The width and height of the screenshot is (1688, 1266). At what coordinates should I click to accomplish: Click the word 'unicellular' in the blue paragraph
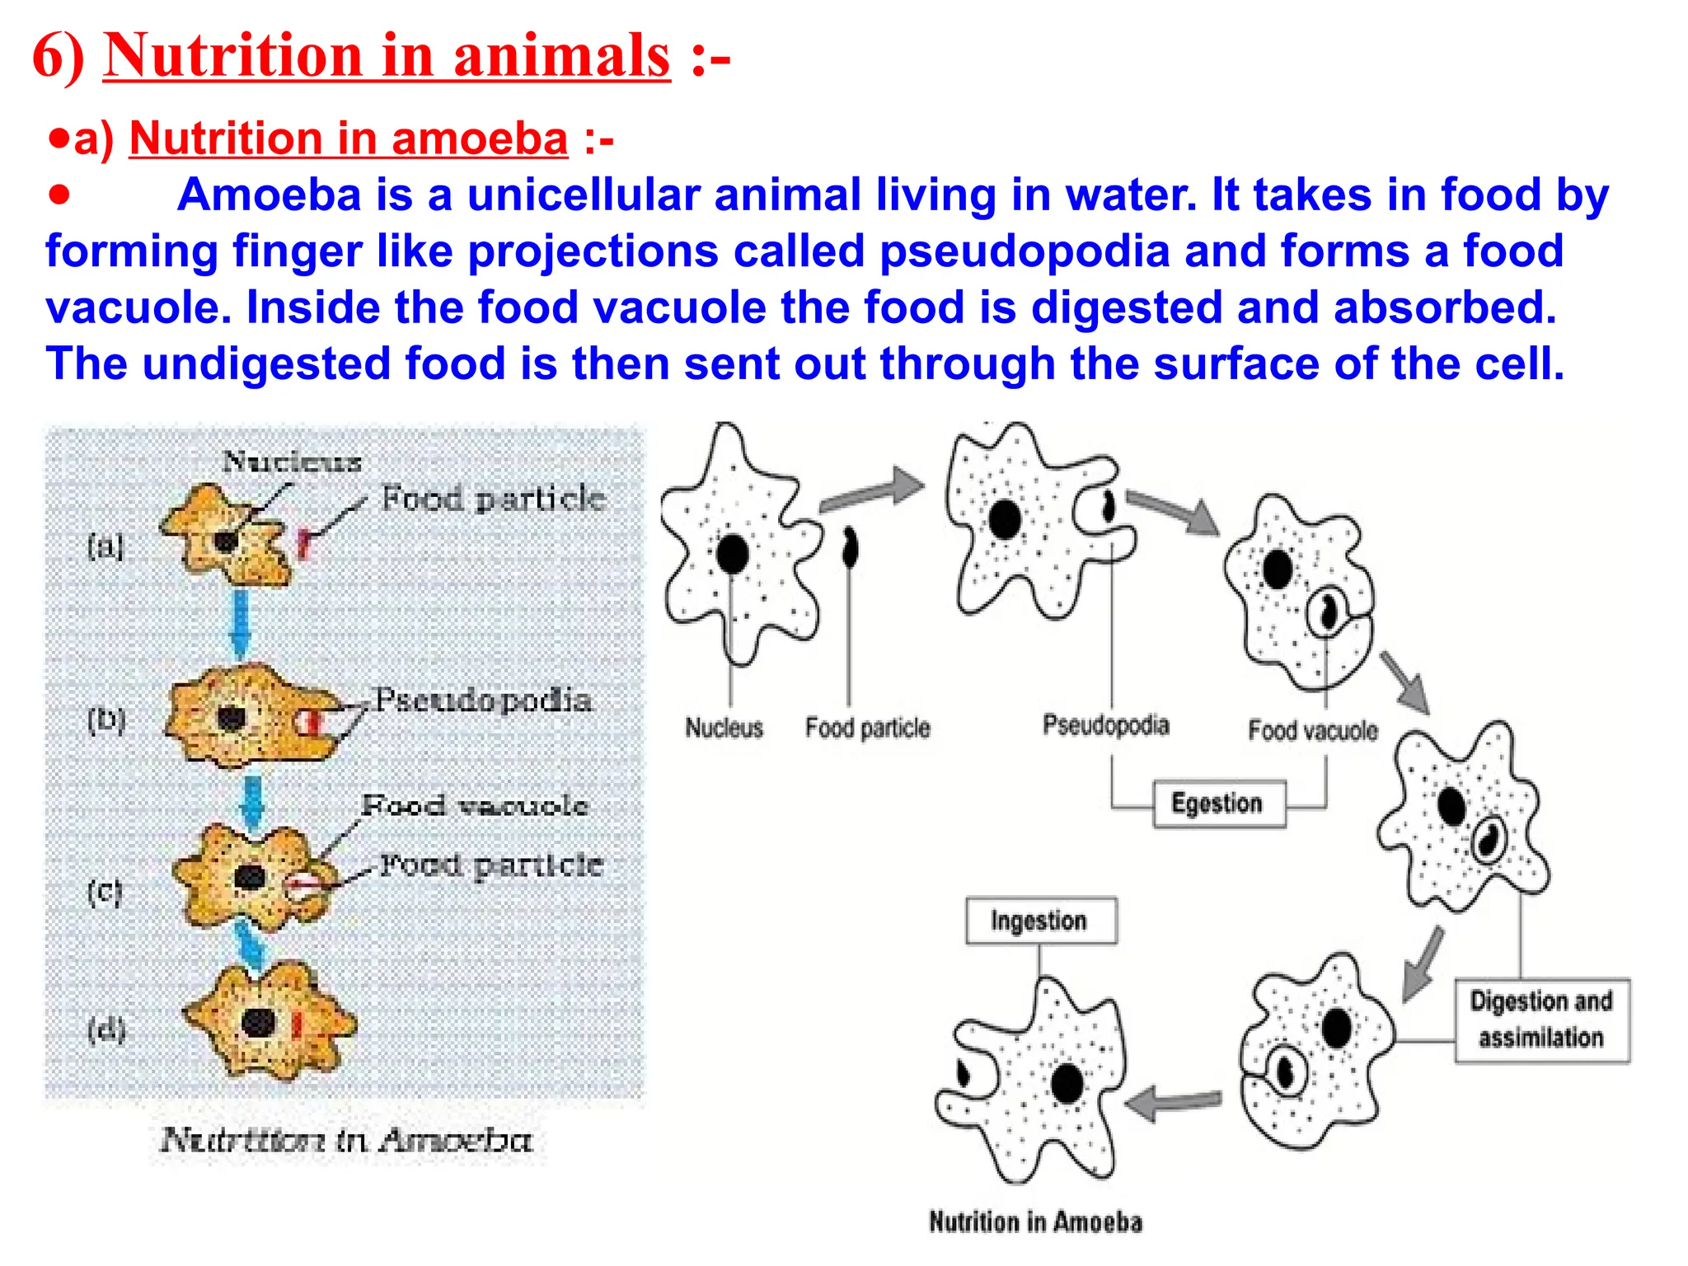point(582,195)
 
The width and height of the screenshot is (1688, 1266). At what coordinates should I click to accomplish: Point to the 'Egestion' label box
point(1218,804)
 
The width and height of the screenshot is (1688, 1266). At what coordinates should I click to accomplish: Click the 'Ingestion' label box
point(1040,921)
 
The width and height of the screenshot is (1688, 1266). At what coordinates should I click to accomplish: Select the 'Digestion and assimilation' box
point(1541,1020)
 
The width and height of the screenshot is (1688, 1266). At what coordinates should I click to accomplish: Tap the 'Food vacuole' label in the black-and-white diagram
point(1312,730)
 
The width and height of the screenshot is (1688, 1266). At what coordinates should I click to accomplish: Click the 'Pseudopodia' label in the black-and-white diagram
point(1105,725)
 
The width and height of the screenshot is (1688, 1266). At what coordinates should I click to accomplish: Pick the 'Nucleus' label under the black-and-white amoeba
point(724,728)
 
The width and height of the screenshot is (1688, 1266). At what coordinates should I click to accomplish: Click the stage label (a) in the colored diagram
point(105,545)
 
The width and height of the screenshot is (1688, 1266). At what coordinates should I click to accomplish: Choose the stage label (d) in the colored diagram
point(106,1029)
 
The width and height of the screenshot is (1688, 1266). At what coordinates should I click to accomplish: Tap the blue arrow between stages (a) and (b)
point(240,621)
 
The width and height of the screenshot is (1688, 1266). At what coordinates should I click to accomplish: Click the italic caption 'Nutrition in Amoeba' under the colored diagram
point(347,1140)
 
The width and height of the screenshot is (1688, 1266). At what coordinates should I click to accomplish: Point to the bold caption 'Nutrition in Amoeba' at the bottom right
point(1036,1221)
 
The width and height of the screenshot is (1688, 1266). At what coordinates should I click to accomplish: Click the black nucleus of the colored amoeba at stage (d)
point(258,1022)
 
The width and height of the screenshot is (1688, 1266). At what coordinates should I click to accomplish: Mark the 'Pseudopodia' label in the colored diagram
point(483,701)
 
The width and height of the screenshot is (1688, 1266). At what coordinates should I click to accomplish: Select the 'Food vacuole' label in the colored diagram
point(475,805)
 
